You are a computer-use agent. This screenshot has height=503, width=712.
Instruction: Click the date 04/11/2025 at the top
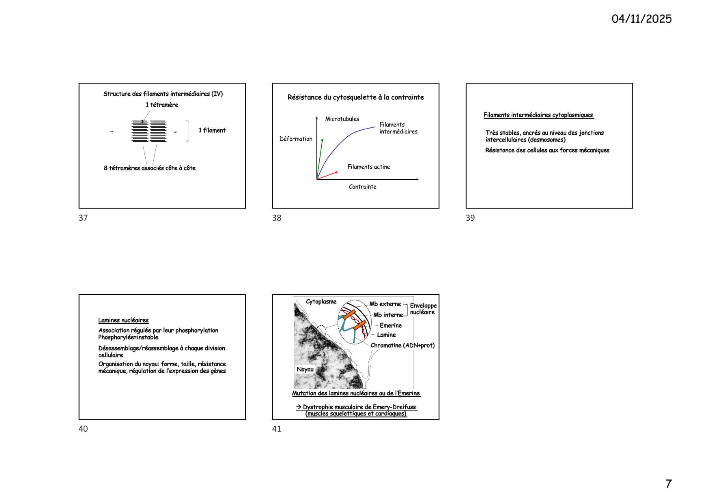click(x=641, y=19)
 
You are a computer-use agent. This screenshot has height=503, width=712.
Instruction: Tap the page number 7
click(x=668, y=484)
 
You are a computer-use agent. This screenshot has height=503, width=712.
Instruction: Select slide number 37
click(x=83, y=218)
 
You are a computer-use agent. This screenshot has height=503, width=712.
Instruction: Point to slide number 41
click(x=277, y=429)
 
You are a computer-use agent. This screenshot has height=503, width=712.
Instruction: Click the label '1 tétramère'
click(x=162, y=105)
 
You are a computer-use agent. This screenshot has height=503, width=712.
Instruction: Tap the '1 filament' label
click(x=212, y=130)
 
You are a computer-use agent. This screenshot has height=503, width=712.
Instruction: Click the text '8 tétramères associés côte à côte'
click(x=150, y=168)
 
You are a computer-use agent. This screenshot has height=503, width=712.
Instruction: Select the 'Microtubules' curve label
click(x=342, y=119)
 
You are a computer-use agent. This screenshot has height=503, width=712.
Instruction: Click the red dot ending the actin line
click(x=336, y=172)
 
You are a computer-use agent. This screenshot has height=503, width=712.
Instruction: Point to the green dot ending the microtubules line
click(x=322, y=140)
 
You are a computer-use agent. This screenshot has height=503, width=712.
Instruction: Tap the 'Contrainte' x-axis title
click(x=363, y=187)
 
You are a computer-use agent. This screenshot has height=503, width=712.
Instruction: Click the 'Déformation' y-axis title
click(x=296, y=139)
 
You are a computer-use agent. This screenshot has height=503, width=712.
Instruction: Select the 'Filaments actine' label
click(x=369, y=167)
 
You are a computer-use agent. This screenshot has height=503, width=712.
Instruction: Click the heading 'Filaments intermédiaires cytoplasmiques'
click(x=538, y=115)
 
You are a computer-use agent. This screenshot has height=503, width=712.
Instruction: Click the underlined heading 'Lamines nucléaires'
click(x=123, y=320)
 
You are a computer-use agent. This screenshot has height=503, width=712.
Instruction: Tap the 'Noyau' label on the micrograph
click(x=305, y=369)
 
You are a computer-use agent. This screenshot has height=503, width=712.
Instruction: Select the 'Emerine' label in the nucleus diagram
click(x=391, y=325)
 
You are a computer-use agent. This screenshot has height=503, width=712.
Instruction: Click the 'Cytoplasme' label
click(x=321, y=302)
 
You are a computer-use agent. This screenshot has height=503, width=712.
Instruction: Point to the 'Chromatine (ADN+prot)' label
click(x=402, y=345)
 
